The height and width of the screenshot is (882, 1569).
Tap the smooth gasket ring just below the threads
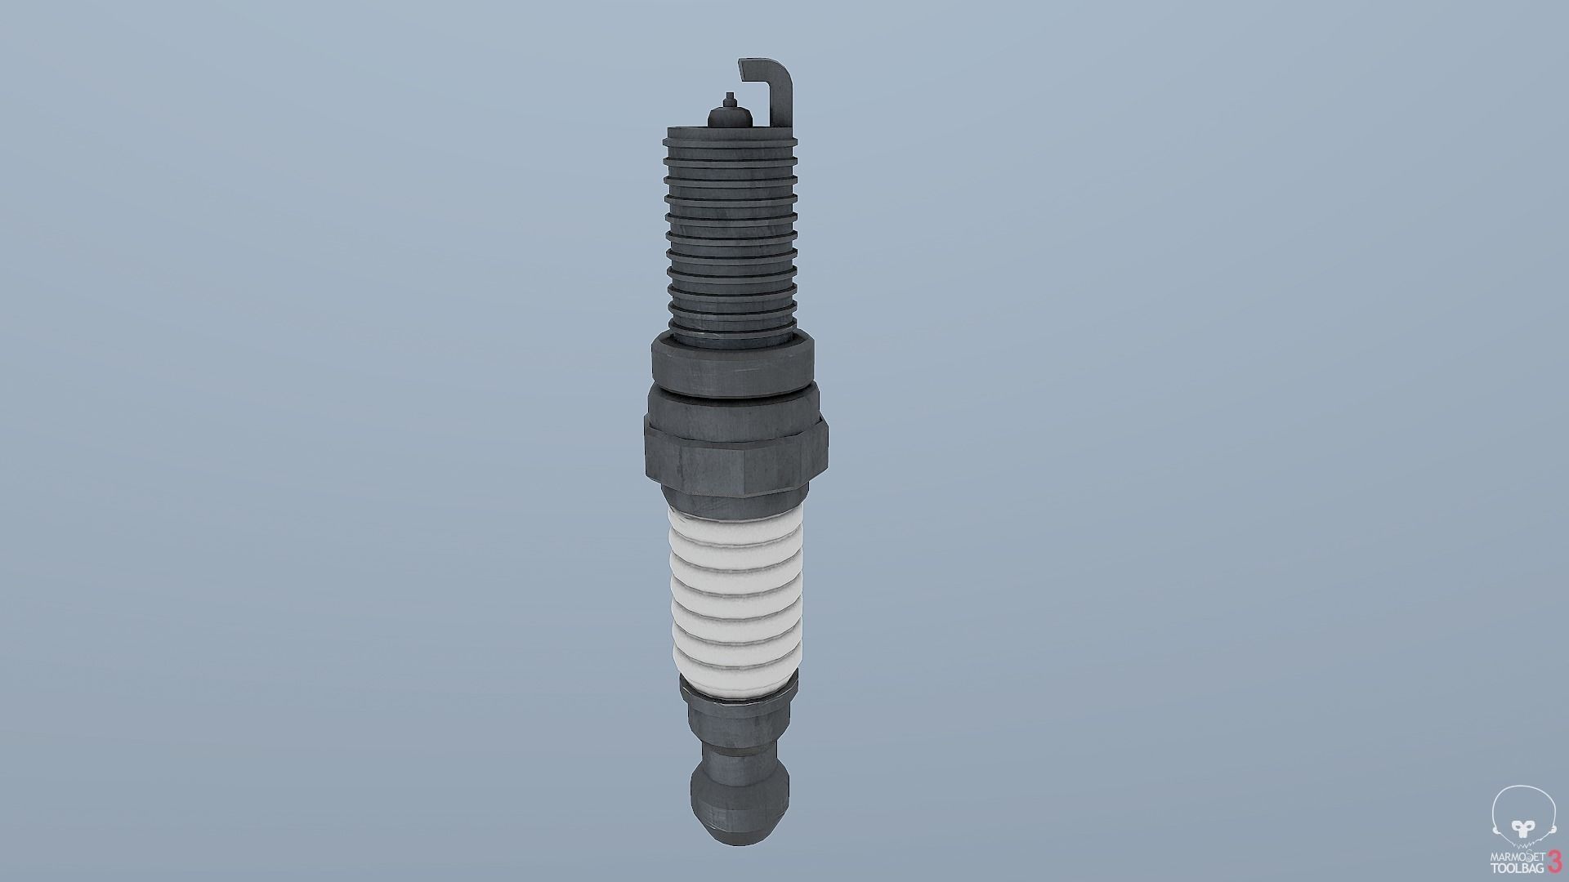tap(732, 357)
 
